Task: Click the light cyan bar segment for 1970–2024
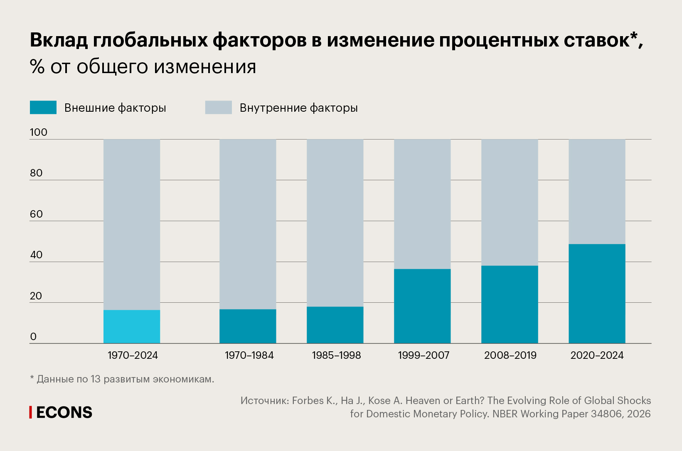point(132,326)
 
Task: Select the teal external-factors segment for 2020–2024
point(597,293)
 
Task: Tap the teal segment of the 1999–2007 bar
point(422,306)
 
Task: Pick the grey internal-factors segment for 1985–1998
point(335,223)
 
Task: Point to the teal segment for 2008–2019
point(510,304)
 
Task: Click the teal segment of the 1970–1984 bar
point(248,326)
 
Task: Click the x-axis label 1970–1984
point(249,355)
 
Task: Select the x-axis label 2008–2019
point(510,355)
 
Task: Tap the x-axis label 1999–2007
point(423,355)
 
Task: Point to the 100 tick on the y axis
point(39,132)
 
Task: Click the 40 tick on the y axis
point(37,255)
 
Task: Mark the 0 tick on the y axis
point(34,337)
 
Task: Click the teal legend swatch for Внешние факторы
point(43,108)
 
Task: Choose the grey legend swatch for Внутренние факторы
point(219,108)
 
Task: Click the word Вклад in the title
point(59,40)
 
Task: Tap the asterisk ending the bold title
point(634,36)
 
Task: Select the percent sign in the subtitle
point(37,67)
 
